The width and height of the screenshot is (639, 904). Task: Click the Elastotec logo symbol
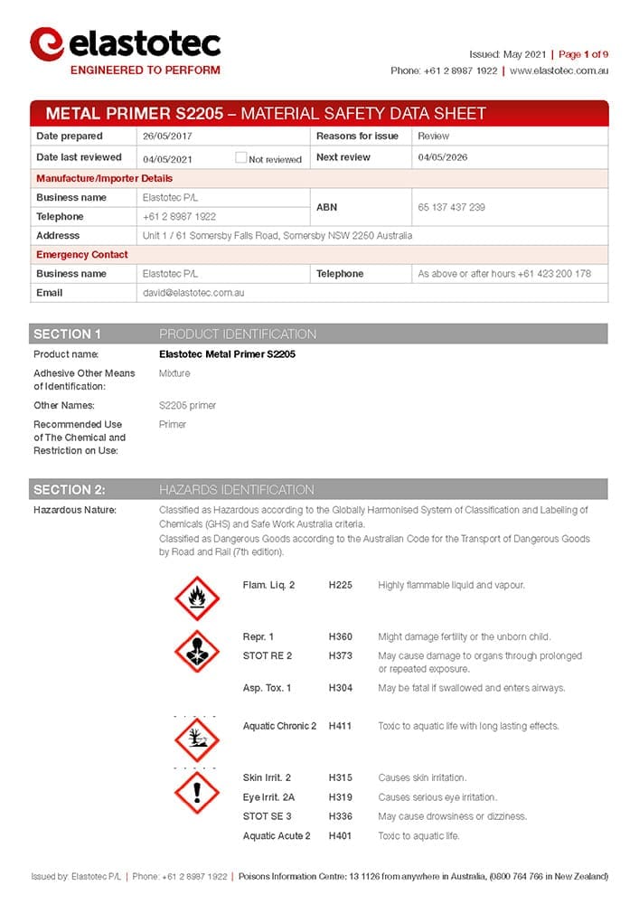click(x=46, y=43)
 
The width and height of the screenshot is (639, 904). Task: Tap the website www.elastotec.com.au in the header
click(x=559, y=71)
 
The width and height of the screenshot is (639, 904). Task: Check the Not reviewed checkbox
click(x=240, y=157)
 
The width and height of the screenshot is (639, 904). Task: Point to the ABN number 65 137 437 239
click(x=451, y=207)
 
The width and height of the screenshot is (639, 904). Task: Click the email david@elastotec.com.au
click(x=193, y=293)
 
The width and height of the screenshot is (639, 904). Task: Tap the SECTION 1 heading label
click(x=68, y=334)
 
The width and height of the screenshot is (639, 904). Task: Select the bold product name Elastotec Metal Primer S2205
click(x=227, y=354)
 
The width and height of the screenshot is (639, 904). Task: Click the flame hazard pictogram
click(x=197, y=597)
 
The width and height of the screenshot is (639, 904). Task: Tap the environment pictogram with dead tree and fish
click(x=197, y=739)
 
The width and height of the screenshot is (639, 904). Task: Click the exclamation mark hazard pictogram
click(x=197, y=793)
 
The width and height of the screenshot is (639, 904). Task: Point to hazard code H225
click(x=341, y=585)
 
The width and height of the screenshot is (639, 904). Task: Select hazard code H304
click(x=341, y=688)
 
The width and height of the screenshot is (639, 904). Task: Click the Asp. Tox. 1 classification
click(x=267, y=688)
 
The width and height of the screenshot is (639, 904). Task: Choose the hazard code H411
click(x=341, y=726)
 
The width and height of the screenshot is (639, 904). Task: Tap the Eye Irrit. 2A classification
click(x=268, y=797)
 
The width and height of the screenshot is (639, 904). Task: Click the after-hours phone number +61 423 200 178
click(x=554, y=273)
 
